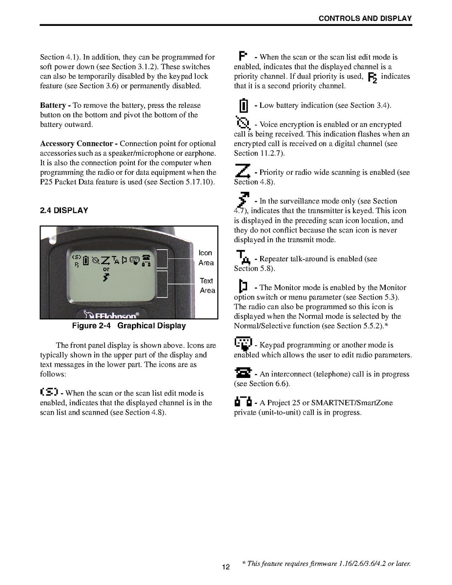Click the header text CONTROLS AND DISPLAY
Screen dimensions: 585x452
[365, 19]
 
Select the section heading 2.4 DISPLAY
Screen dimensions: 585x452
[64, 210]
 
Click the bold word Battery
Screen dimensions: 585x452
[53, 105]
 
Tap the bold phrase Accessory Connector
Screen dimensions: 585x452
[77, 144]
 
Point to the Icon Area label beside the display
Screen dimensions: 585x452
[205, 258]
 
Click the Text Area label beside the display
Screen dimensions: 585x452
[207, 286]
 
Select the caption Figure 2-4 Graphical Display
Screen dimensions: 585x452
[129, 326]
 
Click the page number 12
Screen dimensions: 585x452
[226, 567]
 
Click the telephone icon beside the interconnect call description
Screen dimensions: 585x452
[243, 374]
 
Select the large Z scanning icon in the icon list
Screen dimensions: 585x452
[243, 171]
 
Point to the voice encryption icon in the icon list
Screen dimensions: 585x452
[243, 123]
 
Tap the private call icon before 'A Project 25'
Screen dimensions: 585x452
[243, 402]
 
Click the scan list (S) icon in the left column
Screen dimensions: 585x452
[49, 392]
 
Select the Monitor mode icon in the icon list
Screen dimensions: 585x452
[243, 286]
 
